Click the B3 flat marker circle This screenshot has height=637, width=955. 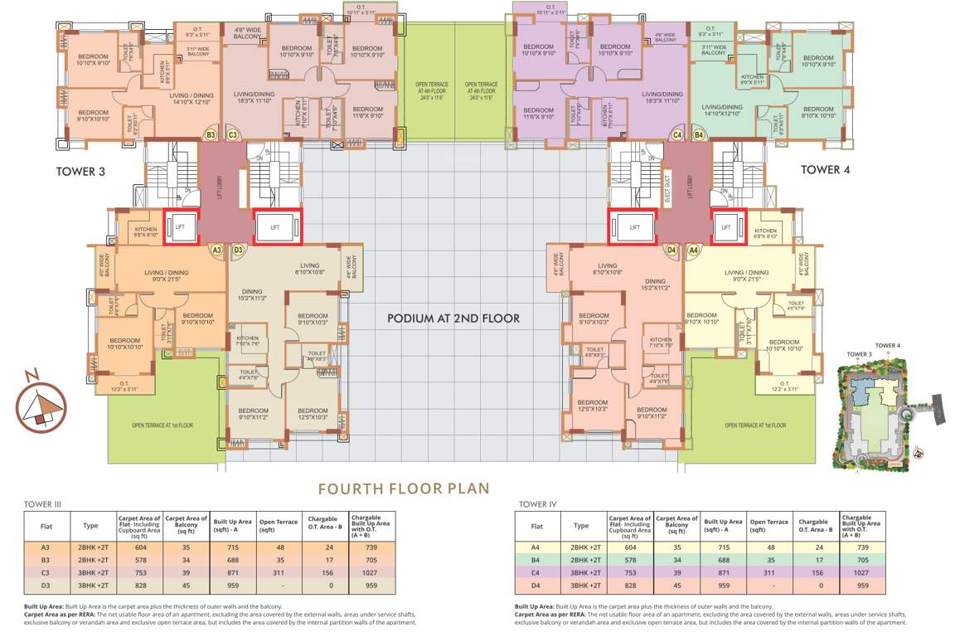click(x=211, y=134)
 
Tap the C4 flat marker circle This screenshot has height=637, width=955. click(x=677, y=134)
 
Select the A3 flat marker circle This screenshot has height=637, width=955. click(x=217, y=249)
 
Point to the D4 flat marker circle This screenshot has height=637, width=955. click(x=671, y=249)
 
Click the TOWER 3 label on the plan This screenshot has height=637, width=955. click(x=82, y=171)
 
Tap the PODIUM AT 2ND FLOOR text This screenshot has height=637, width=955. click(x=453, y=318)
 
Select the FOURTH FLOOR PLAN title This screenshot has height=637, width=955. click(x=405, y=489)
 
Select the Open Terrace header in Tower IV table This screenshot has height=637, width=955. click(x=770, y=523)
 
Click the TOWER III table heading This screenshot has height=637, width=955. click(x=45, y=504)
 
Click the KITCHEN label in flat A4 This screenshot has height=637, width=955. click(x=765, y=231)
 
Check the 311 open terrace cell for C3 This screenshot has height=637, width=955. click(x=276, y=572)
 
